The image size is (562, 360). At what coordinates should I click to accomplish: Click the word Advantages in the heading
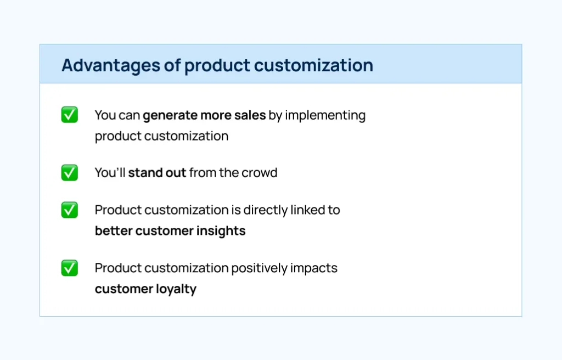coord(111,66)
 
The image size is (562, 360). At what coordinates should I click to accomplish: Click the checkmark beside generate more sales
coord(70,115)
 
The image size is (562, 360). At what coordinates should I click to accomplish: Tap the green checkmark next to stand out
coord(70,172)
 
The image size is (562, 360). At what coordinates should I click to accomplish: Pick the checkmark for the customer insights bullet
coord(70,210)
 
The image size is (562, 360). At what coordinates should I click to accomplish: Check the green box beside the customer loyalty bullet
coord(70,268)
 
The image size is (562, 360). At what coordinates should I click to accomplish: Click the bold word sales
coord(250,115)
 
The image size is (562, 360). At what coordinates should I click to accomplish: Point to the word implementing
coord(325,116)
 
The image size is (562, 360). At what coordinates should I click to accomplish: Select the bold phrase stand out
coord(157,173)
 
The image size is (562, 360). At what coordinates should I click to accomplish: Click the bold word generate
coord(170,116)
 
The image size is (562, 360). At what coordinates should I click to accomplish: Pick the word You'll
coord(110,173)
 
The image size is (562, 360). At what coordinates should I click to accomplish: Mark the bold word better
coord(114,231)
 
